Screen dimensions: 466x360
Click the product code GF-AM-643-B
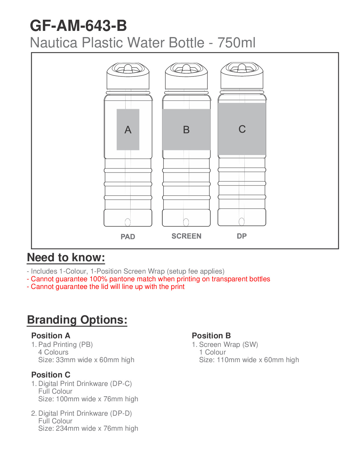(78, 26)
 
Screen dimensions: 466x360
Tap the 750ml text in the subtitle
(236, 43)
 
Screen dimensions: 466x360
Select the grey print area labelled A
(128, 129)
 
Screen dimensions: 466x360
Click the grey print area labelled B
(186, 129)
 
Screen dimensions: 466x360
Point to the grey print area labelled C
(242, 129)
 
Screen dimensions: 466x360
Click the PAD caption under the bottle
(128, 237)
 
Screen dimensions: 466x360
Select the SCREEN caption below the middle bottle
(186, 236)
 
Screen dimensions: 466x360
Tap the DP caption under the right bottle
(242, 236)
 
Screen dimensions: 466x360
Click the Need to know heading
(66, 258)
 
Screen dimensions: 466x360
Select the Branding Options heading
(77, 320)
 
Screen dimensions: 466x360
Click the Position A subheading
(51, 336)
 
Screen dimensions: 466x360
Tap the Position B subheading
(211, 336)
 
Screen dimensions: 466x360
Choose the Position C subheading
(51, 375)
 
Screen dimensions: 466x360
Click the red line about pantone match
(149, 279)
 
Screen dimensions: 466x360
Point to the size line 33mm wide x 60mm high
(86, 360)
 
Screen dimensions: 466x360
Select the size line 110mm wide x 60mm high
(249, 360)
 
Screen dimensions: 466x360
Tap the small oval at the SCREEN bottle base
(186, 222)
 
